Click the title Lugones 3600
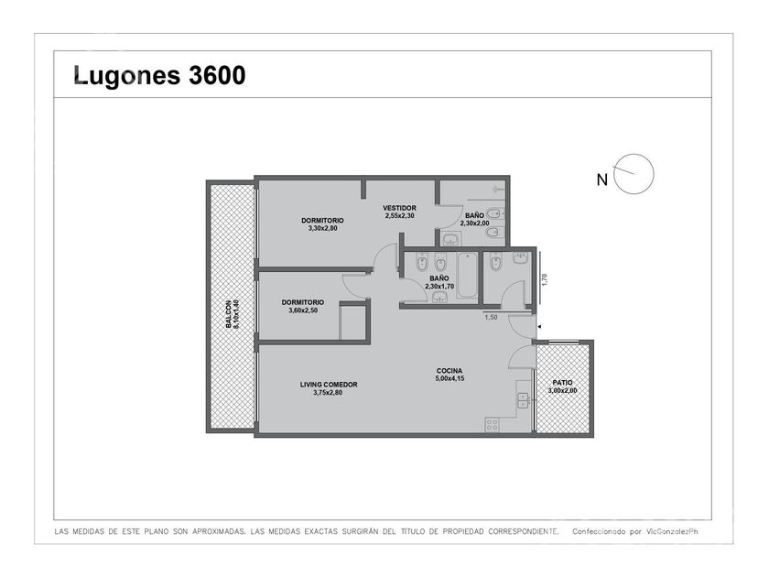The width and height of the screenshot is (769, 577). [159, 76]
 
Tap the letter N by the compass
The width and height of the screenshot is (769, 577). [601, 180]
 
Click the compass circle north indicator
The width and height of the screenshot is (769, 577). [634, 174]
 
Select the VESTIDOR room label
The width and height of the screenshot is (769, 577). [400, 208]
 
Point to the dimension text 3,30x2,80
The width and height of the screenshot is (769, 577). [322, 228]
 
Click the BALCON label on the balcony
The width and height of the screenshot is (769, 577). [229, 314]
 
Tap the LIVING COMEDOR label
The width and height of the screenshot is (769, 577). [329, 385]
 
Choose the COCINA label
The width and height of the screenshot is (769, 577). [449, 371]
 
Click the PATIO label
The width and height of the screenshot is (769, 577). [562, 383]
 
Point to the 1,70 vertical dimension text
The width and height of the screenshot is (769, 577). [544, 278]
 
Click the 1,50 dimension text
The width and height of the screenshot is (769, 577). [491, 318]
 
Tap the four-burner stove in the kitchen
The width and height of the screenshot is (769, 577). [492, 424]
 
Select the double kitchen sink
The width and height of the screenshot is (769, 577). [522, 400]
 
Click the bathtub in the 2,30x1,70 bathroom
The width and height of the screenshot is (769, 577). [467, 276]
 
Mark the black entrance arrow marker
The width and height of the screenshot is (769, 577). [539, 326]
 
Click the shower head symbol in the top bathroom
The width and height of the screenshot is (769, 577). [497, 187]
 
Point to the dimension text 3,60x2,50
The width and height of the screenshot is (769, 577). [303, 310]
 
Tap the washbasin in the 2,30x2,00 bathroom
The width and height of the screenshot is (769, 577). [450, 239]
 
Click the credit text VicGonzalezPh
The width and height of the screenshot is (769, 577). [672, 531]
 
